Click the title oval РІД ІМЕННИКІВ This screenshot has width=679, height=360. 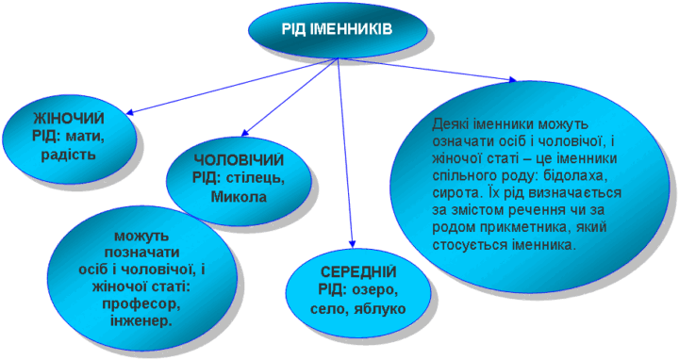[337, 29]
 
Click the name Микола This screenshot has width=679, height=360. [239, 196]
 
